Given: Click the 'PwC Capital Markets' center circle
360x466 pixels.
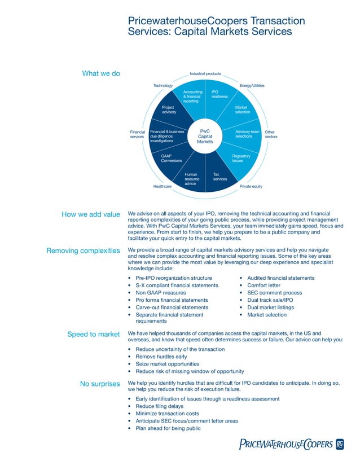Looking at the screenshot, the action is tap(205, 137).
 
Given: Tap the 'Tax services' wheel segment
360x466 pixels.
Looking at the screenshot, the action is tap(220, 177).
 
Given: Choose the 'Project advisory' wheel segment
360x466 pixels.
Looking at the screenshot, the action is tap(169, 109).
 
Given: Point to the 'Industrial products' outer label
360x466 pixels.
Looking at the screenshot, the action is tap(205, 74).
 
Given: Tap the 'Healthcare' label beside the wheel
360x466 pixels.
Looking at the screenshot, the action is tap(163, 186).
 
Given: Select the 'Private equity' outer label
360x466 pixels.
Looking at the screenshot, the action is tap(251, 186).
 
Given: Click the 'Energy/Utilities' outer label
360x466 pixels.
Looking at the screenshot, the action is tap(252, 86).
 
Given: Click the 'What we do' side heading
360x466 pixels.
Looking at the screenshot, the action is tap(101, 73).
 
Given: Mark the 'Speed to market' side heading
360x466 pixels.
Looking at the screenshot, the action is tap(94, 335).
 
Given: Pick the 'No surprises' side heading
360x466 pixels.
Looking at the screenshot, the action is tap(100, 384).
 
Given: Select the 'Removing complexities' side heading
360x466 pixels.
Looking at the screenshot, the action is tap(83, 250).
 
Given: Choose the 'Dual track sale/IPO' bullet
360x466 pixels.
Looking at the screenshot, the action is tap(270, 300).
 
